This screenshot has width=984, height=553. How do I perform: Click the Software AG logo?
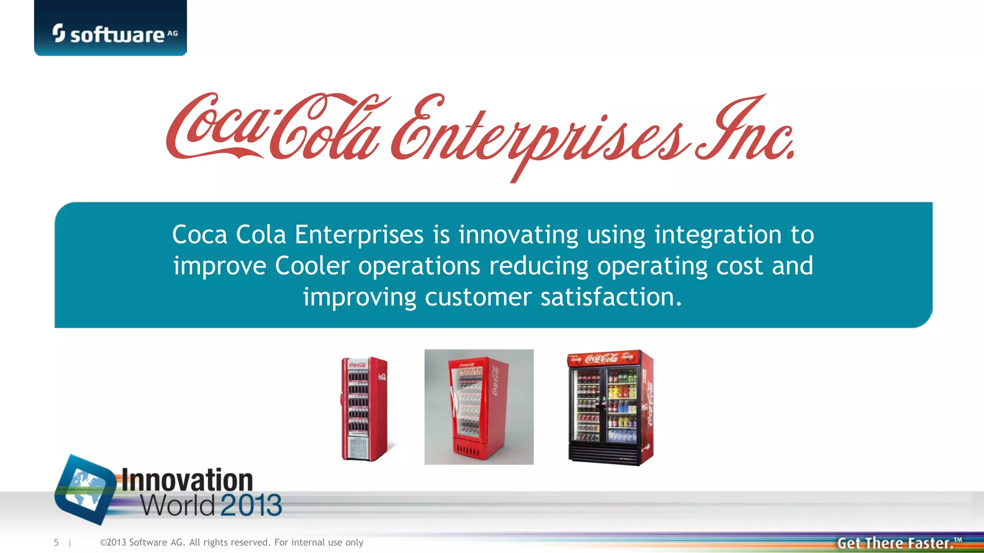(115, 34)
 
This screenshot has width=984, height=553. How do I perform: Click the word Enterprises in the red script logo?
(538, 134)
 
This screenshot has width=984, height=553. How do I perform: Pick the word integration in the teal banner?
(718, 235)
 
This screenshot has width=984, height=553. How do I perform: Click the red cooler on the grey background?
(479, 407)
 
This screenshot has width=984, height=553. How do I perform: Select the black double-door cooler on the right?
(610, 408)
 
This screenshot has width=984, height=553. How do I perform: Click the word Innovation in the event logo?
(187, 480)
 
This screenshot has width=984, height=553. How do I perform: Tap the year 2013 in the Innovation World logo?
(251, 505)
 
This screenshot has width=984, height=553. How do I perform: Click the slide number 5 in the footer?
(56, 542)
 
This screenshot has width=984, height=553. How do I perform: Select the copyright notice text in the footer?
(232, 542)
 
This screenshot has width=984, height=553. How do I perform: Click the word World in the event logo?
(178, 505)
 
